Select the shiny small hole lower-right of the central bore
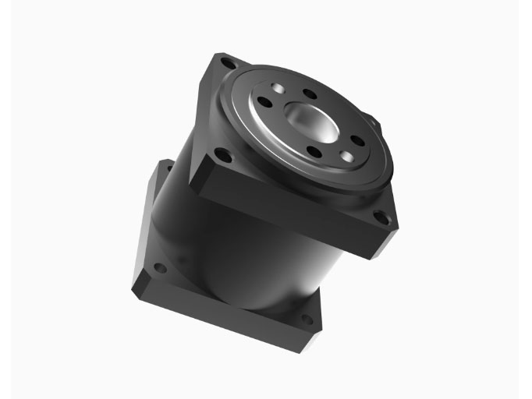(346, 157)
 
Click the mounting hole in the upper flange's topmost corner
(226, 62)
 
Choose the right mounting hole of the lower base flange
(306, 319)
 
